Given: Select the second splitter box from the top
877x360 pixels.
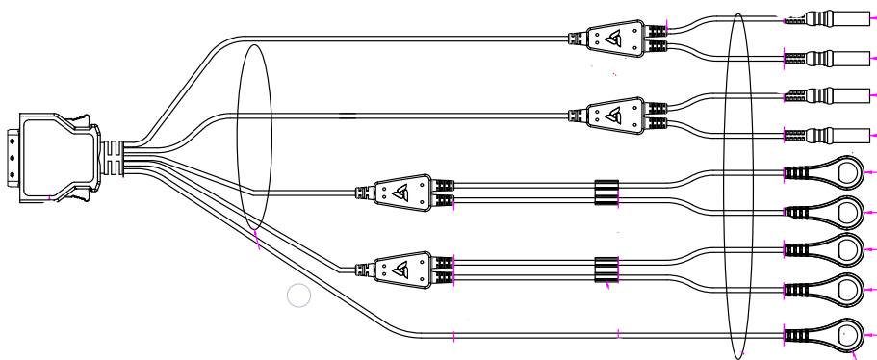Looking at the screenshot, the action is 607,114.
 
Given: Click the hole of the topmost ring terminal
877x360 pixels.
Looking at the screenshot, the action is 848,173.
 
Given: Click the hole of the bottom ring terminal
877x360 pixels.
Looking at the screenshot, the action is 847,336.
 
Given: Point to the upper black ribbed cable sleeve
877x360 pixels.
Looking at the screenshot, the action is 605,193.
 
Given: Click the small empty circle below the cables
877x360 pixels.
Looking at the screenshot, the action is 299,296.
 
